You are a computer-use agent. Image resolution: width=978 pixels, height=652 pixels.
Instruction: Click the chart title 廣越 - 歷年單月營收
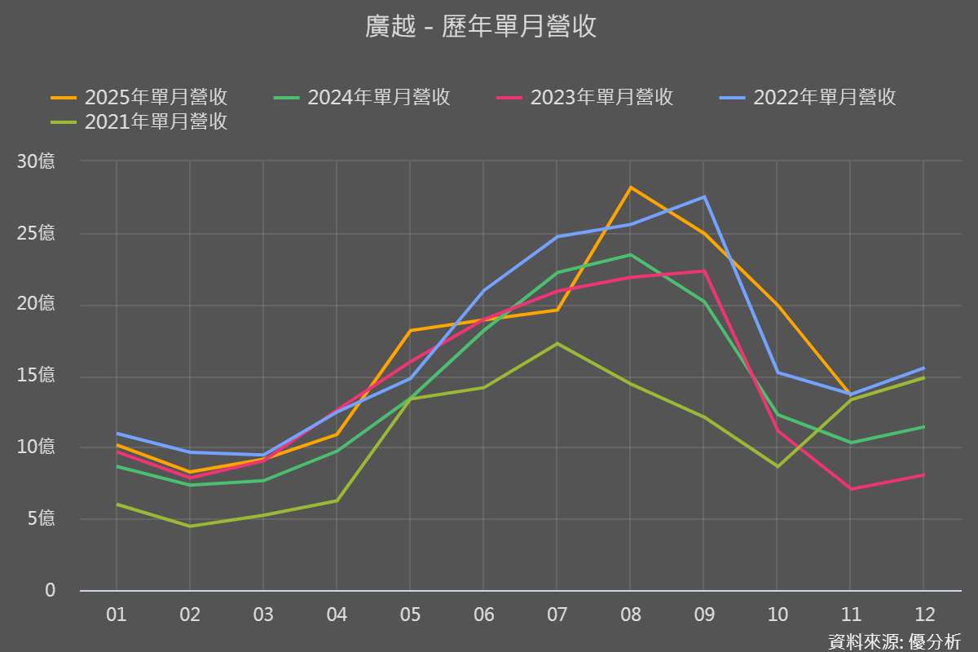[481, 27]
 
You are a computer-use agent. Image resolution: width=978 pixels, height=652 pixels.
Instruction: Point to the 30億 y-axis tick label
[36, 161]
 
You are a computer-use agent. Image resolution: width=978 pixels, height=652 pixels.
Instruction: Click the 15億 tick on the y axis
[36, 376]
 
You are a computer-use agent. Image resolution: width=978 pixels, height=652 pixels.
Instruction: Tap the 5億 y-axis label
[40, 518]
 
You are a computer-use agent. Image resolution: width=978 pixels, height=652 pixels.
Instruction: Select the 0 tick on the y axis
[50, 590]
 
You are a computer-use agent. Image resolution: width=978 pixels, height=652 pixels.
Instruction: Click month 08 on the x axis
[630, 615]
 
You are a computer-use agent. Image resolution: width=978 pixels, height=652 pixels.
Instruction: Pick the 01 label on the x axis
[117, 615]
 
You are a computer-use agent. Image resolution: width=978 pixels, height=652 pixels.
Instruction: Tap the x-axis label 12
[923, 615]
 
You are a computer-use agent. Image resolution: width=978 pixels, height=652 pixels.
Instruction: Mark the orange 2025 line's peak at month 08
[630, 187]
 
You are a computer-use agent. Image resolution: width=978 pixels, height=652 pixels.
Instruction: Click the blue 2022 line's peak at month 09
[703, 196]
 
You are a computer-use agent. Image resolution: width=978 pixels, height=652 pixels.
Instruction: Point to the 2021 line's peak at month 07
[557, 343]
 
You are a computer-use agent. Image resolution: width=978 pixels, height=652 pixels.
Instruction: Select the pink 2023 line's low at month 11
[850, 489]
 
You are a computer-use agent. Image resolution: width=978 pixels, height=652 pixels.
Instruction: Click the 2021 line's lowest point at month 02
[190, 526]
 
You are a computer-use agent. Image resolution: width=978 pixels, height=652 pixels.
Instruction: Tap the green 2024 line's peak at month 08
[630, 254]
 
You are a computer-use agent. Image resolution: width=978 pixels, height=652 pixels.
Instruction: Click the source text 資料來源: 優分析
[894, 641]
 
